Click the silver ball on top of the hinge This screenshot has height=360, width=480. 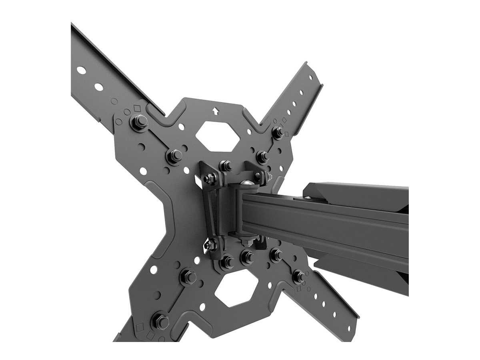[x=246, y=184]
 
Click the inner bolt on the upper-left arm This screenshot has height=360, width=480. [x=174, y=155]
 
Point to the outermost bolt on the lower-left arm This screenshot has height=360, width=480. [x=160, y=320]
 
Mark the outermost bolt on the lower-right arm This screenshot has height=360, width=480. [x=298, y=276]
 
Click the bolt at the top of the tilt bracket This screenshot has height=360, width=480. [x=226, y=165]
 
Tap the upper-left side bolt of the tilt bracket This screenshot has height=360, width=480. [x=210, y=178]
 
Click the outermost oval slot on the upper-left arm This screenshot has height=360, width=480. [x=81, y=70]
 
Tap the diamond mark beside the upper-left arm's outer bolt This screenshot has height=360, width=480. [x=138, y=108]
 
